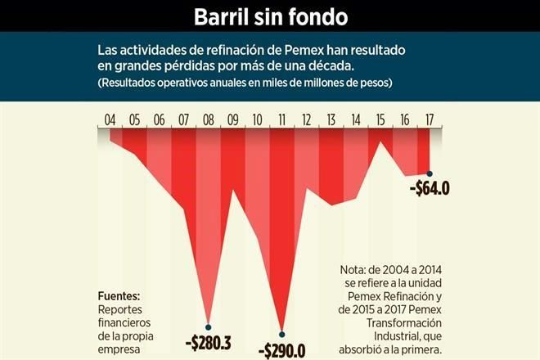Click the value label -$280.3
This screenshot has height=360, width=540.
(209, 343)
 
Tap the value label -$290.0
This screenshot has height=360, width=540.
(282, 350)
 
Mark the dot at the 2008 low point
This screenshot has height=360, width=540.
(209, 326)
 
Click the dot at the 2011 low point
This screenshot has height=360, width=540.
(282, 333)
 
